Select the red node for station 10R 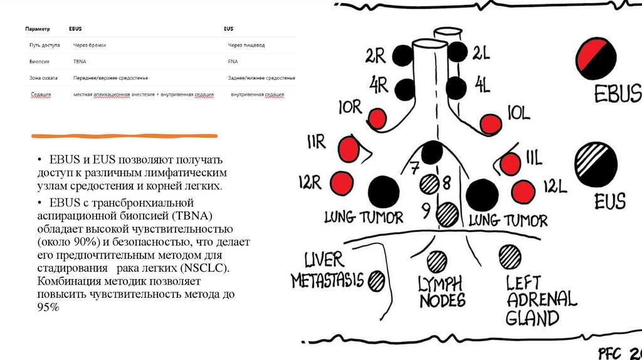378,119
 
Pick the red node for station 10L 489,124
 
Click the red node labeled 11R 350,149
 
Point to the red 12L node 522,191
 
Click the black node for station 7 432,152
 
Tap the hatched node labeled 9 448,214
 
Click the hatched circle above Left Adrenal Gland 510,256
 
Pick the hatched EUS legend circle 596,164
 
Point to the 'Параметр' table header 38,29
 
